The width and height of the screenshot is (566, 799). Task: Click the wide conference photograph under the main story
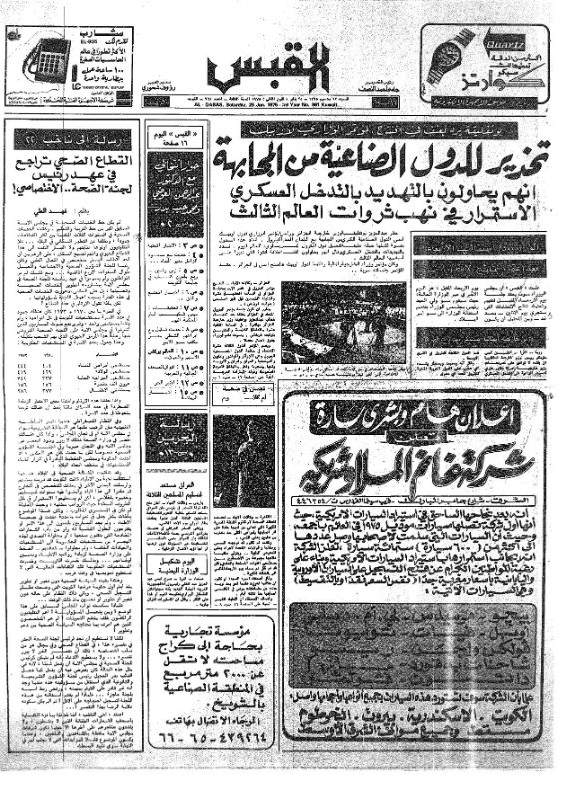pos(342,321)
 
